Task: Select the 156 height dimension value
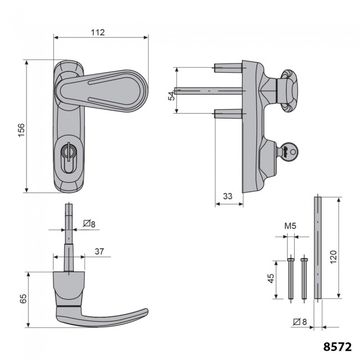(x=21, y=128)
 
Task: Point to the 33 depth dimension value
(x=227, y=196)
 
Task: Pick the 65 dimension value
(x=23, y=300)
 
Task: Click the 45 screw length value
(x=271, y=277)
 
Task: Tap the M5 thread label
(x=291, y=226)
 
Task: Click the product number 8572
(x=337, y=347)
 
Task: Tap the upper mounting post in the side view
(x=227, y=69)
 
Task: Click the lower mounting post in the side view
(x=227, y=114)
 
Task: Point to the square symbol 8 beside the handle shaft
(x=89, y=224)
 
